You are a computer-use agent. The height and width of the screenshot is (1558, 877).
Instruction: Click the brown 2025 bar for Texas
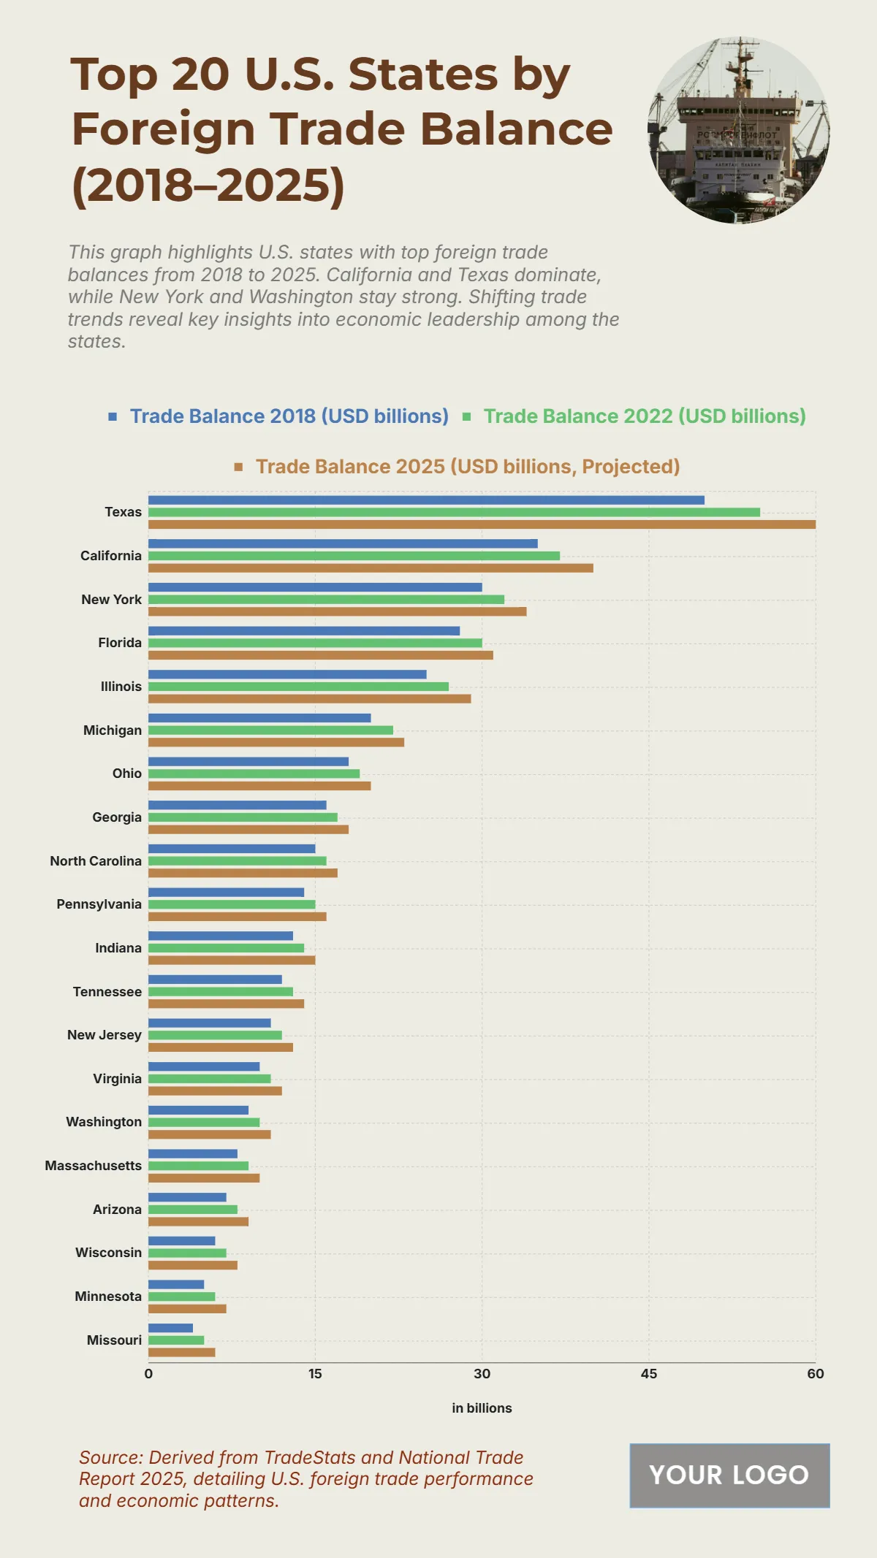(x=482, y=524)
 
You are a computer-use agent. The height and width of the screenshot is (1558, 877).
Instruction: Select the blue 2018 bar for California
(x=343, y=543)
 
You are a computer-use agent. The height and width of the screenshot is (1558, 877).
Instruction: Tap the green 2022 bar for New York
(x=326, y=600)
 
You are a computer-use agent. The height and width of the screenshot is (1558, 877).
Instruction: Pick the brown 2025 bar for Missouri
(x=181, y=1352)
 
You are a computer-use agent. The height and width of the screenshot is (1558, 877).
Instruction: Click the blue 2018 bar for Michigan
(x=259, y=718)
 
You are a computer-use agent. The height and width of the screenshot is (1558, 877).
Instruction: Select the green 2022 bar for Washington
(x=204, y=1122)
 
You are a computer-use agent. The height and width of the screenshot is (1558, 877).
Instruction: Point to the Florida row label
(x=120, y=643)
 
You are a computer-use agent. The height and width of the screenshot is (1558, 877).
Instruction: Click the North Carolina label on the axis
(x=96, y=861)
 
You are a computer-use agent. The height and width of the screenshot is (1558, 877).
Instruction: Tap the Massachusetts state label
(x=94, y=1166)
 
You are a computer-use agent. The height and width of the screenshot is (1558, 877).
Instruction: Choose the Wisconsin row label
(x=108, y=1253)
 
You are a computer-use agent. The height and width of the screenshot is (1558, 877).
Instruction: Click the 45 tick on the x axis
(x=648, y=1374)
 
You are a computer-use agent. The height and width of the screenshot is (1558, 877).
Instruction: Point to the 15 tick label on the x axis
(x=315, y=1374)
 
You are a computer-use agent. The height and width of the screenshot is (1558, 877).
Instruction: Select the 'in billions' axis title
(x=482, y=1408)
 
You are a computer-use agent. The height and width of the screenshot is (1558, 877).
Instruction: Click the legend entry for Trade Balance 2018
(x=289, y=416)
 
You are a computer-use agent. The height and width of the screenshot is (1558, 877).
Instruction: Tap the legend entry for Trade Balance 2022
(x=644, y=416)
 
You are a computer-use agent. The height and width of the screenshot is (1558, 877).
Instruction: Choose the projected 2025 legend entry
(x=467, y=467)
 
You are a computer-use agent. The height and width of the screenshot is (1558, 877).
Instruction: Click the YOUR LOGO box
(x=729, y=1475)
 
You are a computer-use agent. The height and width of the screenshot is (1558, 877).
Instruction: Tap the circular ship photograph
(x=739, y=130)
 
